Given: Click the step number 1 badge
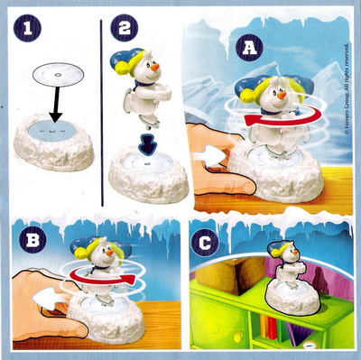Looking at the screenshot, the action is (27, 28).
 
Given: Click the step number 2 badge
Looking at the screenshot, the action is (125, 28).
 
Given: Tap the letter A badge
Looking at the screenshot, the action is (249, 48).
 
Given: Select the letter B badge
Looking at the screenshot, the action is (32, 241).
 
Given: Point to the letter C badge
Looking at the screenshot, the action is (205, 243).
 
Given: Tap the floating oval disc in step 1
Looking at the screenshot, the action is (59, 75).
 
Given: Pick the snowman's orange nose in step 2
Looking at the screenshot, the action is (156, 67).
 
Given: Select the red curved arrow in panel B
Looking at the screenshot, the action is (102, 276).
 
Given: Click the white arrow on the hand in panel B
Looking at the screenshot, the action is (48, 300).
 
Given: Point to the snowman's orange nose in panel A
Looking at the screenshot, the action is (282, 96).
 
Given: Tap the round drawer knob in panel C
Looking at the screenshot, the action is (238, 335).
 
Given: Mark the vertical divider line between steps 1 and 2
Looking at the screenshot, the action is (102, 113).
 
